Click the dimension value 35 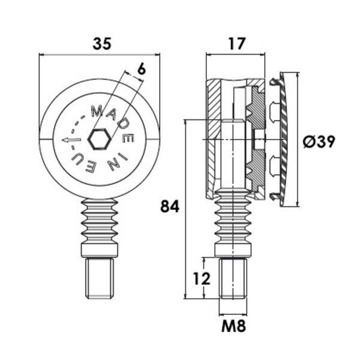[x=102, y=44]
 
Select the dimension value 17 [x=237, y=44]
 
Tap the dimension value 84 [x=170, y=206]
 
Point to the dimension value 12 [x=202, y=278]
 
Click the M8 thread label [x=234, y=326]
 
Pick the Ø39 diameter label [x=319, y=142]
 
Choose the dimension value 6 [x=142, y=69]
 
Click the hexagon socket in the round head [x=99, y=139]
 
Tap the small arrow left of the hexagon [x=71, y=140]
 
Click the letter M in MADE [x=97, y=112]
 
